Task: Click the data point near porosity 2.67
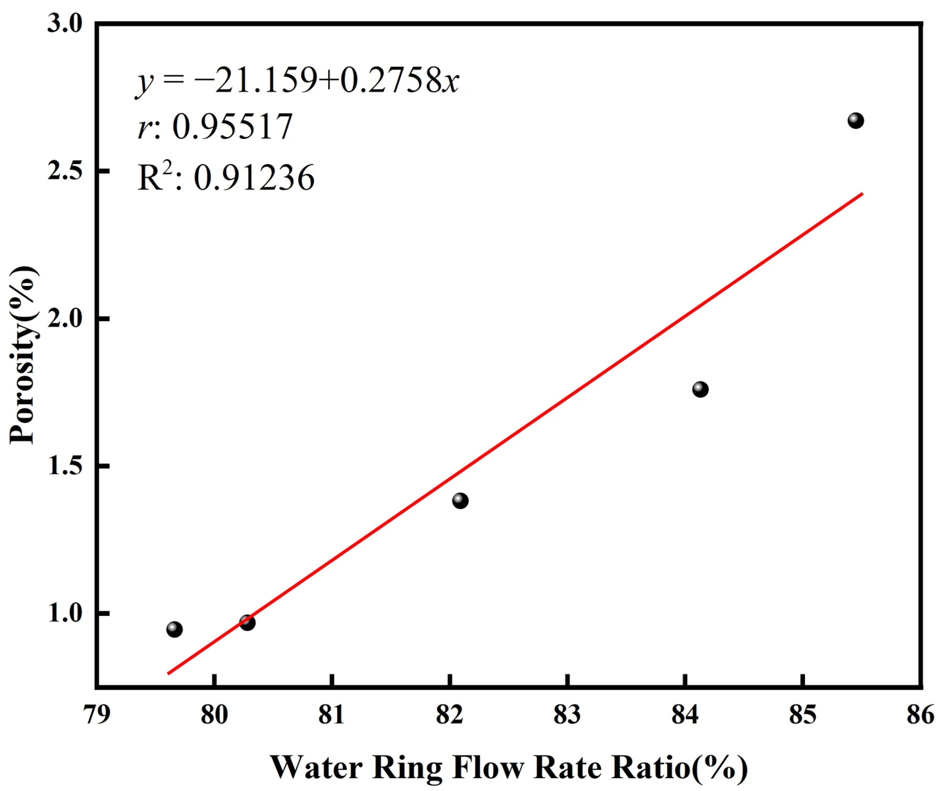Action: point(855,121)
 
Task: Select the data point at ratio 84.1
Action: point(700,389)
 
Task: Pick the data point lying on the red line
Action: point(247,622)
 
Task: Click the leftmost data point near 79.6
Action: point(174,630)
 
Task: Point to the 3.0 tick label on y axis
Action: point(65,23)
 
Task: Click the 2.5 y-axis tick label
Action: point(65,171)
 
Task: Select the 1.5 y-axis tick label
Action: point(65,466)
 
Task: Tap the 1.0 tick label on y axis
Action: point(65,613)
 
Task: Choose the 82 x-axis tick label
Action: point(450,715)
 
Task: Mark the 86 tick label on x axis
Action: point(920,715)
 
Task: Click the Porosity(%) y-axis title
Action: point(23,354)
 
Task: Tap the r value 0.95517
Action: point(232,127)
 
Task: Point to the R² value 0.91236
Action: point(254,178)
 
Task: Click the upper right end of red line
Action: point(861,194)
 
